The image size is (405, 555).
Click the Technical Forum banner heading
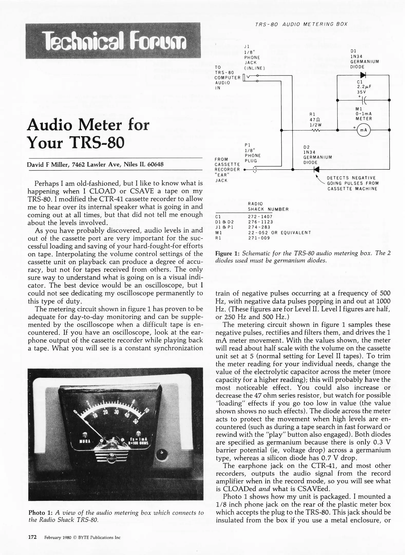click(113, 41)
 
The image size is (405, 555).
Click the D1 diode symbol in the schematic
click(363, 75)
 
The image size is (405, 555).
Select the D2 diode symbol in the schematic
click(316, 170)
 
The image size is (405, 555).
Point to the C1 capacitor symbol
click(364, 100)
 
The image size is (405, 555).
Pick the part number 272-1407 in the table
click(260, 217)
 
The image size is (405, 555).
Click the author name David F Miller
click(48, 164)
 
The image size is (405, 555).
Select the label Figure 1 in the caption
click(228, 253)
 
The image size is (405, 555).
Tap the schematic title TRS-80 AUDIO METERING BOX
click(301, 24)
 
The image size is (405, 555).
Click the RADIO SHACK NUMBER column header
click(268, 206)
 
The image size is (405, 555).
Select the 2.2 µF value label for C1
click(364, 87)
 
